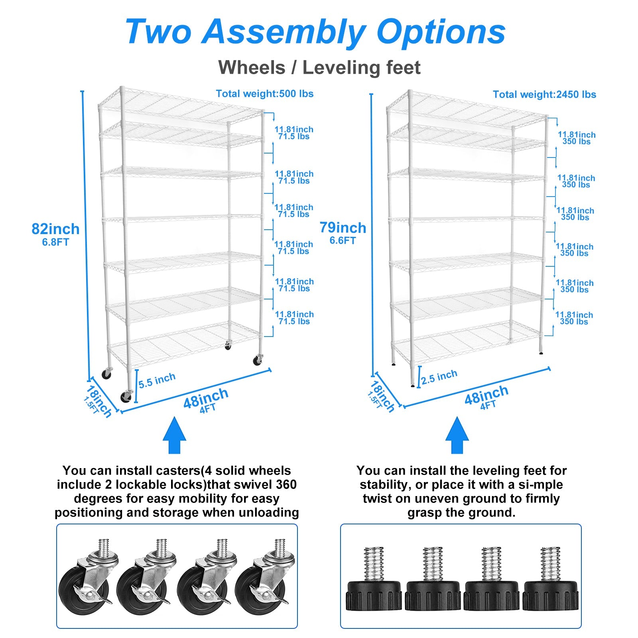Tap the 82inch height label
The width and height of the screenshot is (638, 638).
55,229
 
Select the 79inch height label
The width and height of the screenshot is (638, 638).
343,228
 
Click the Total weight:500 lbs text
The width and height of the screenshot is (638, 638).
265,94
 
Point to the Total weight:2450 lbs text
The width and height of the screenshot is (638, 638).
544,95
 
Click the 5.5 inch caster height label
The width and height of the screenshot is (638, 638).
157,380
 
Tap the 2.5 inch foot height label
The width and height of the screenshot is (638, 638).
439,377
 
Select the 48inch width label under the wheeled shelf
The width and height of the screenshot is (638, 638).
206,398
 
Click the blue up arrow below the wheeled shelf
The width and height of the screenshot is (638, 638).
174,435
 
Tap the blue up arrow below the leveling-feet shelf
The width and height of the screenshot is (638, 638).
457,435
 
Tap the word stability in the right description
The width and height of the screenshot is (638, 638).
383,485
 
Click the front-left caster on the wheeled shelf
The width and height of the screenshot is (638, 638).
126,396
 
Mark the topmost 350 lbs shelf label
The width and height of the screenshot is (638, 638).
577,142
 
